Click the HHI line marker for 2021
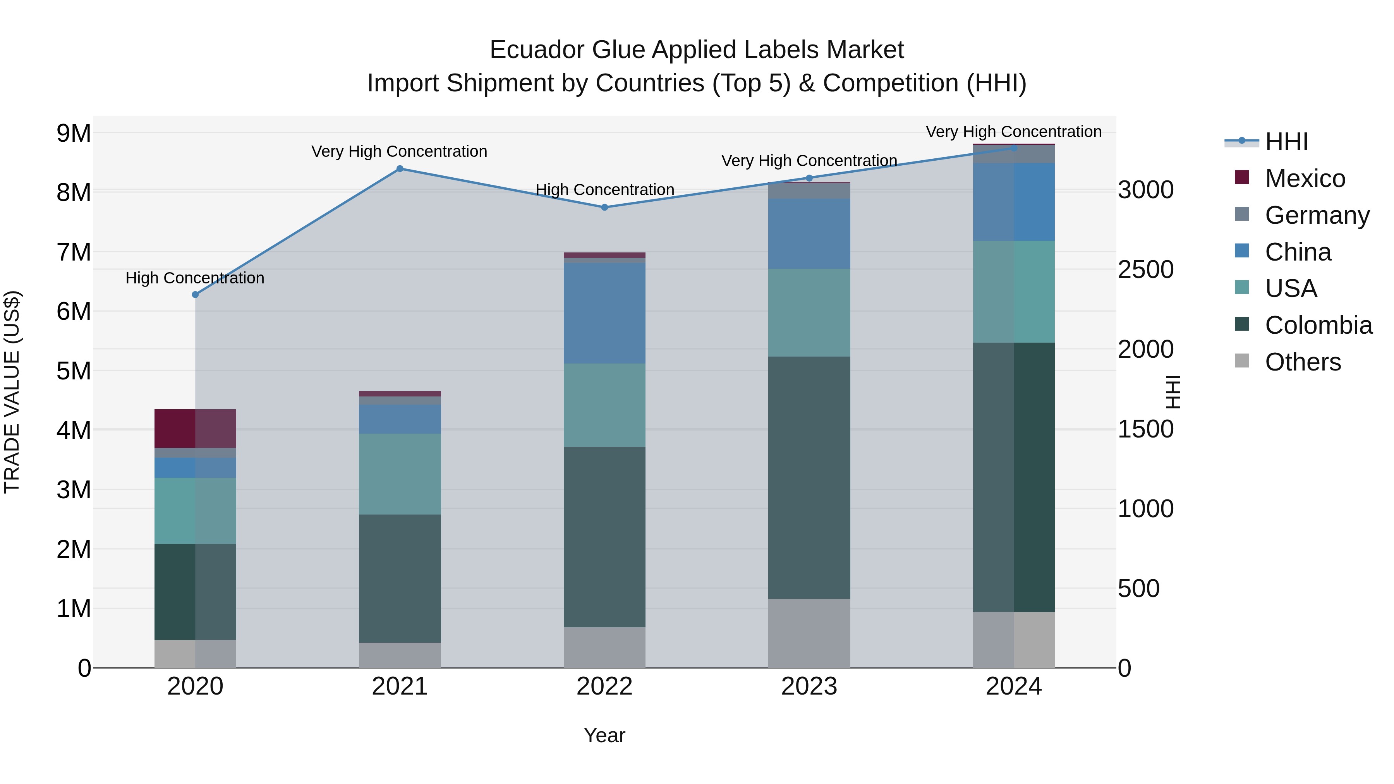coord(400,169)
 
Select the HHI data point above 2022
coord(604,207)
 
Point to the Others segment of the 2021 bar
coord(400,655)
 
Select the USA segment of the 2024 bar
coord(1014,292)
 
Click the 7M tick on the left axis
coord(74,252)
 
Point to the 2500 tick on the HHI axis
coord(1146,269)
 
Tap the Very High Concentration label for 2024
coord(1014,132)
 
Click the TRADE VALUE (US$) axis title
coord(12,392)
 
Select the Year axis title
coord(604,735)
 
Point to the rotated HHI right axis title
coord(1173,392)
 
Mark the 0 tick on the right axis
coord(1124,668)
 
